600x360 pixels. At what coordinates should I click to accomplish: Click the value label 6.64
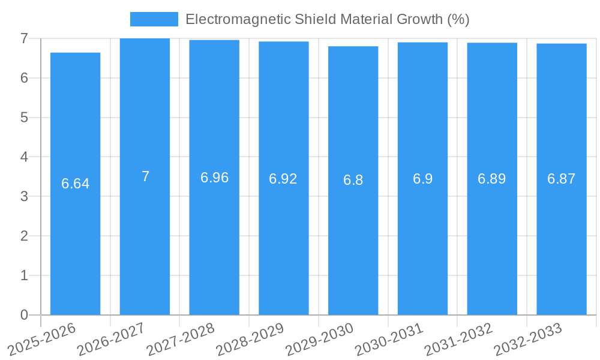pyautogui.click(x=76, y=184)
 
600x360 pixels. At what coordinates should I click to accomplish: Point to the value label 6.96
pyautogui.click(x=214, y=178)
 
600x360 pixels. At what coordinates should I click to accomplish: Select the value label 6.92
pyautogui.click(x=283, y=179)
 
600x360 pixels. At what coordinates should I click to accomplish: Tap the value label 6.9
pyautogui.click(x=422, y=179)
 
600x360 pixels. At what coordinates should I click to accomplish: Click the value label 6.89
pyautogui.click(x=491, y=179)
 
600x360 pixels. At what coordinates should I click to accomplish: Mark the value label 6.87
pyautogui.click(x=562, y=179)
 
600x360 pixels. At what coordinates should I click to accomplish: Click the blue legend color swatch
pyautogui.click(x=154, y=19)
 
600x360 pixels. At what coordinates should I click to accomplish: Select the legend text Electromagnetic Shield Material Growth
pyautogui.click(x=327, y=19)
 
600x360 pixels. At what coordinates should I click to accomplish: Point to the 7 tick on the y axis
pyautogui.click(x=24, y=38)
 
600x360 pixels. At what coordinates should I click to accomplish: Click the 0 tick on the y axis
pyautogui.click(x=24, y=315)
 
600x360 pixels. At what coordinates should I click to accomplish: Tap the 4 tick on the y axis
pyautogui.click(x=24, y=157)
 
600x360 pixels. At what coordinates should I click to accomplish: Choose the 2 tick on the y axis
pyautogui.click(x=24, y=236)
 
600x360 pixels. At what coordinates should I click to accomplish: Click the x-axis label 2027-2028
pyautogui.click(x=181, y=338)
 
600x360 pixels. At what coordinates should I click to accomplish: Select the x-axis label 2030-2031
pyautogui.click(x=389, y=338)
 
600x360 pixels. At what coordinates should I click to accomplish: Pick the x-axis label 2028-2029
pyautogui.click(x=250, y=338)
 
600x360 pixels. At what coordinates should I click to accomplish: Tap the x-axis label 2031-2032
pyautogui.click(x=458, y=338)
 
